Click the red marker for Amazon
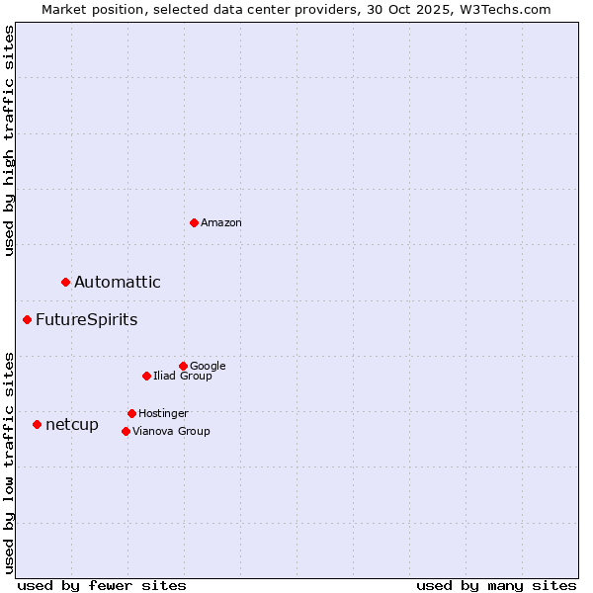point(194,222)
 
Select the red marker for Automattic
point(66,283)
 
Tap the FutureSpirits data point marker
point(28,320)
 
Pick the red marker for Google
point(183,366)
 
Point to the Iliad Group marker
point(146,376)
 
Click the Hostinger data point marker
point(131,413)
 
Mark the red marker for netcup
point(38,425)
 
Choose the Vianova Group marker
point(126,431)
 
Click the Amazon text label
point(221,223)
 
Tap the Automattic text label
point(118,283)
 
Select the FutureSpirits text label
point(87,320)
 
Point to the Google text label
point(208,366)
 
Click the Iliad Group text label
point(183,376)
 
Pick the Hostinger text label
point(163,413)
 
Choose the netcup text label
point(72,425)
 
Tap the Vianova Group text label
point(171,431)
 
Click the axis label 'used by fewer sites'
point(102,585)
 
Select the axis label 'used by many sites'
point(496,585)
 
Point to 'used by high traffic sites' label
point(9,140)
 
